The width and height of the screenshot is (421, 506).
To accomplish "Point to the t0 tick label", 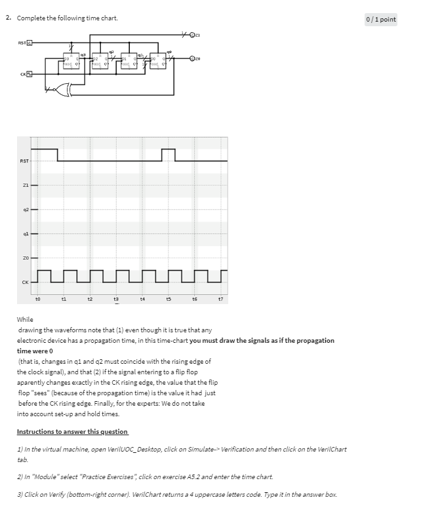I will coord(37,298).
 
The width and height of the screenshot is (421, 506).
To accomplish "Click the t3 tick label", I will coord(115,298).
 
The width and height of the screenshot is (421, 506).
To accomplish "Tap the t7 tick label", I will coord(220,298).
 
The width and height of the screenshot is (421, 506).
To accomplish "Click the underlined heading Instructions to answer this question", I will coord(72,431).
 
